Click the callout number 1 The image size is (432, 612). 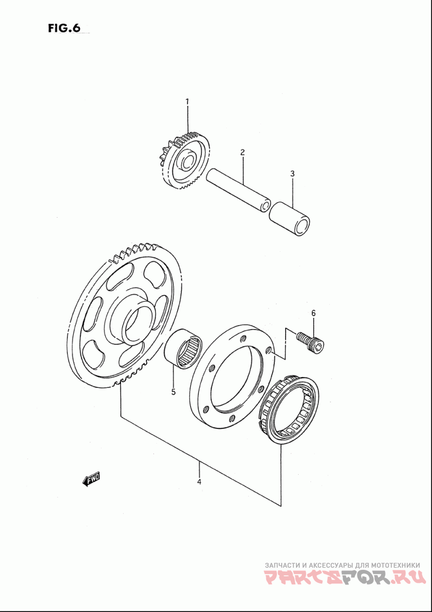pyautogui.click(x=187, y=102)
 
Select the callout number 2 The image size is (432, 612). pyautogui.click(x=242, y=152)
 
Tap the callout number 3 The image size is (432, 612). pyautogui.click(x=293, y=174)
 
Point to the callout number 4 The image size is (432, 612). pyautogui.click(x=199, y=482)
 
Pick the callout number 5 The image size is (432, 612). pyautogui.click(x=173, y=392)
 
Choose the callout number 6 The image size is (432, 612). pyautogui.click(x=313, y=313)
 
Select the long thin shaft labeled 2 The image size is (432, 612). pyautogui.click(x=238, y=190)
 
